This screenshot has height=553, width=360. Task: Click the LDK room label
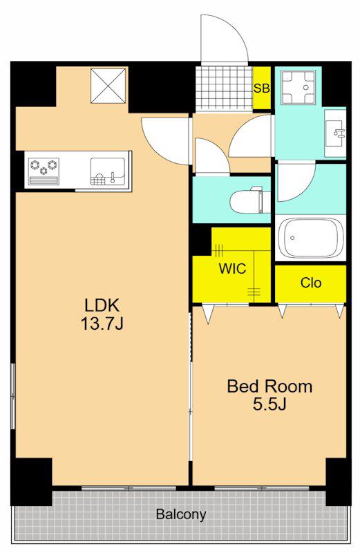point(102,305)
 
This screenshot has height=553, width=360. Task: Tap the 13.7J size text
point(102,324)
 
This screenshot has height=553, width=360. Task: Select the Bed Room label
point(269,386)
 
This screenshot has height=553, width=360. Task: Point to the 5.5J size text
point(269,404)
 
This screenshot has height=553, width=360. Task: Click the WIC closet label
point(232,269)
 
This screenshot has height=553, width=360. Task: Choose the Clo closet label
point(311,283)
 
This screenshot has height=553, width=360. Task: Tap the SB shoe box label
point(262,88)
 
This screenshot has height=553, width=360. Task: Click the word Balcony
point(181,514)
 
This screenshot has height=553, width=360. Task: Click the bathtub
point(311,238)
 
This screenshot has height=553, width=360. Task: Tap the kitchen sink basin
point(108,171)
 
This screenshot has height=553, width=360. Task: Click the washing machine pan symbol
point(298,87)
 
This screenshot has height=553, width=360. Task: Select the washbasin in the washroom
point(335,133)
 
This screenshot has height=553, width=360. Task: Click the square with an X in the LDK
point(108,86)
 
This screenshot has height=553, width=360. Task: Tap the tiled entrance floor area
point(224,88)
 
